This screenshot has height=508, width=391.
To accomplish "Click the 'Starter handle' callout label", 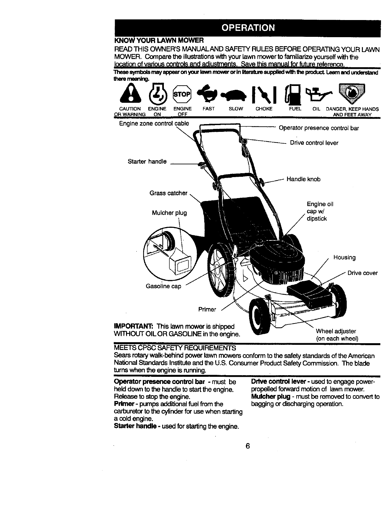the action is [x=147, y=162].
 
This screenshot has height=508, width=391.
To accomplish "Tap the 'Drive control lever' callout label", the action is [x=314, y=143].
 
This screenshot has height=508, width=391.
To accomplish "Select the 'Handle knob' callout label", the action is [x=303, y=179].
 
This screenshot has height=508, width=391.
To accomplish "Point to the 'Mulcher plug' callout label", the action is [x=169, y=213].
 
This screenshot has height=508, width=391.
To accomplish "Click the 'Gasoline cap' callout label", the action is [x=164, y=286].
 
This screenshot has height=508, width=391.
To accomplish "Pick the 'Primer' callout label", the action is [x=207, y=310].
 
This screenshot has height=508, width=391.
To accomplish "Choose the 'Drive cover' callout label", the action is [x=363, y=273].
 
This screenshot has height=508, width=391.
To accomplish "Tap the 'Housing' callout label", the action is [x=344, y=258].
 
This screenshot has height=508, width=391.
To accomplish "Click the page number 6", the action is [x=247, y=446].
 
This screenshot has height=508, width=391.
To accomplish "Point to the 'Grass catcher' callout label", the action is [x=168, y=193].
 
